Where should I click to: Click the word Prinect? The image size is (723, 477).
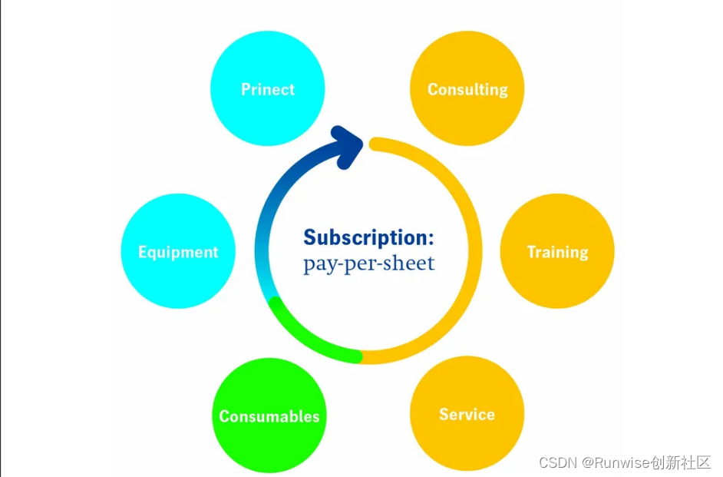pos(268,89)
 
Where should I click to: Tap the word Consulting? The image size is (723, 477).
pos(467,90)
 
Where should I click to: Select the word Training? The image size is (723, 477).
pos(557,252)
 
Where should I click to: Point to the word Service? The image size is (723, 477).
pos(467,415)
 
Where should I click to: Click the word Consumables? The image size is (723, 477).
pos(269,416)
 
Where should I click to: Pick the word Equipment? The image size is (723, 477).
pos(178,252)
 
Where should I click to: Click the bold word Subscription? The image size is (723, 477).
pos(368,237)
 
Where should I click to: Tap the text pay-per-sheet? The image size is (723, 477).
pos(368,263)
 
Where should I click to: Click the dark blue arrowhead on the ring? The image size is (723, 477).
pos(346,144)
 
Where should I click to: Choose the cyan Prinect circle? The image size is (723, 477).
pos(268,61)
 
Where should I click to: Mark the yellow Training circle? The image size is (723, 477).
pos(557,284)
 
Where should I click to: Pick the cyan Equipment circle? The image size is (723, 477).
pos(178,284)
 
